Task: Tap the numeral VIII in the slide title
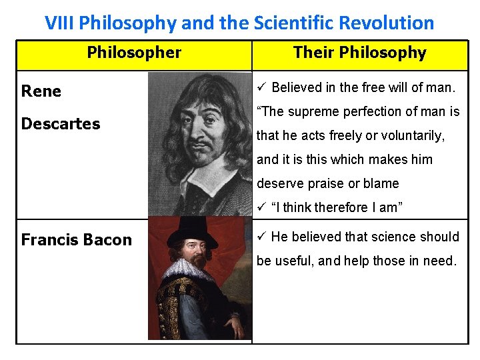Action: tap(59, 23)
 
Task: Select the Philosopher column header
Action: tap(134, 53)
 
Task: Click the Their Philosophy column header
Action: tap(359, 53)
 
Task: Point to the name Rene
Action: tap(41, 91)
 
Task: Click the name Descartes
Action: tap(61, 124)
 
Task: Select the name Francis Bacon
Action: tap(77, 240)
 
